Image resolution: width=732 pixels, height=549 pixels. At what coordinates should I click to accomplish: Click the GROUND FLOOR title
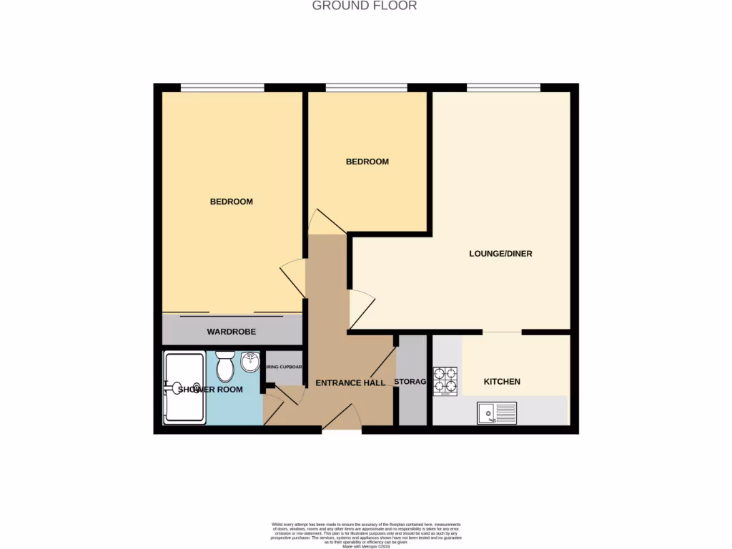[x=365, y=6]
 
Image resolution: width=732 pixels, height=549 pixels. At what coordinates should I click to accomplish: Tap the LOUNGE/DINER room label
[x=500, y=254]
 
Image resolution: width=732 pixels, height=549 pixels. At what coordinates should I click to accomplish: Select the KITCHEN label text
[x=502, y=382]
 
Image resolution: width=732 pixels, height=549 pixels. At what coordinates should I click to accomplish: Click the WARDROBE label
[x=231, y=332]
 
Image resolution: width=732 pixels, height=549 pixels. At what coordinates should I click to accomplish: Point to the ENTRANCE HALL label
[x=350, y=383]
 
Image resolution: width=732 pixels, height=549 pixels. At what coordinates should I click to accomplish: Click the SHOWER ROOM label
[x=210, y=390]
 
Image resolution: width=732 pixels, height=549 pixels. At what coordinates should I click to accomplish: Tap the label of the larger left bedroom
[x=231, y=202]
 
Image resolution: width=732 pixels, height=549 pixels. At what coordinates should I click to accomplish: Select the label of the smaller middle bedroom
[x=367, y=162]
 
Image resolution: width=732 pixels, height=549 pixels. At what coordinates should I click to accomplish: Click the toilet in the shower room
[x=225, y=367]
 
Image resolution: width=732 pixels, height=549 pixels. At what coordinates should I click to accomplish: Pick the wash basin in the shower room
[x=250, y=362]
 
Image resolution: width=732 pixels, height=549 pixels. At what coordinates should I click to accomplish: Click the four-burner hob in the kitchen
[x=445, y=381]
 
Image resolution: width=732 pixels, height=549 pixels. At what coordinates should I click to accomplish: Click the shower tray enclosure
[x=184, y=387]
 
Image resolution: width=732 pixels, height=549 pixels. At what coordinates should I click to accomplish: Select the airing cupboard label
[x=284, y=367]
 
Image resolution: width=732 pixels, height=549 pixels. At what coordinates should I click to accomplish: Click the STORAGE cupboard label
[x=410, y=382]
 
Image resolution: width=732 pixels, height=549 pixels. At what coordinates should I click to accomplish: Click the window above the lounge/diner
[x=503, y=88]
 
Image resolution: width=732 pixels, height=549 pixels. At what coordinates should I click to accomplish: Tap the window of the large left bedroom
[x=222, y=88]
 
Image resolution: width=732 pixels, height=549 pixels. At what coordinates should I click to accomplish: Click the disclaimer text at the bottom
[x=366, y=534]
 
